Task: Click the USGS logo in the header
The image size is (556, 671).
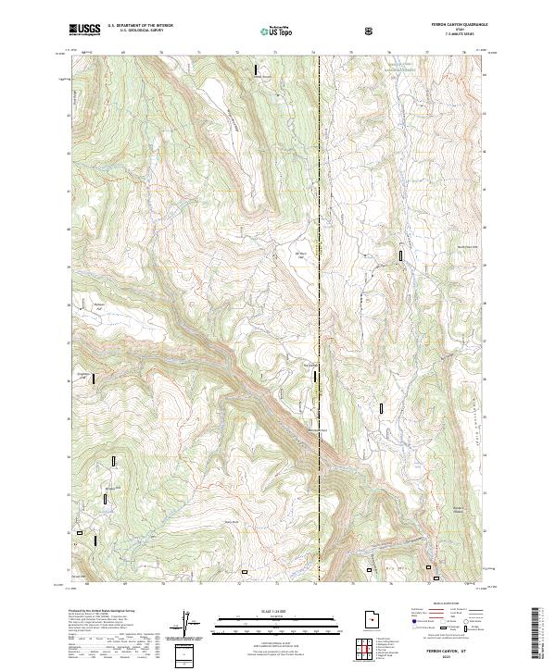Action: pyautogui.click(x=84, y=31)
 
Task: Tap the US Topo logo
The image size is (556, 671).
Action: pyautogui.click(x=277, y=31)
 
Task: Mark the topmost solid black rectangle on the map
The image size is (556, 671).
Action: pyautogui.click(x=257, y=69)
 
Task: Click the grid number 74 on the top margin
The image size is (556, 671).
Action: pyautogui.click(x=314, y=54)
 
